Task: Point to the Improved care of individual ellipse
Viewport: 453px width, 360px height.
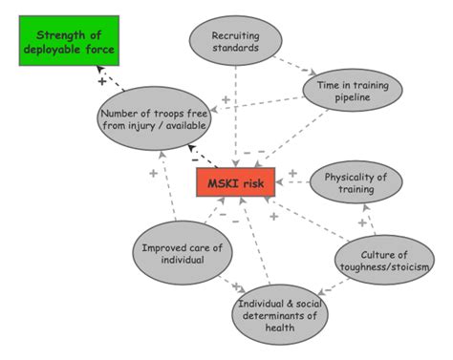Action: (x=182, y=253)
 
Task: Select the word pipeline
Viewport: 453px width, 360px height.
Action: (x=348, y=100)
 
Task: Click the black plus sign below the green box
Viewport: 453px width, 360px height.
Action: (x=100, y=81)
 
